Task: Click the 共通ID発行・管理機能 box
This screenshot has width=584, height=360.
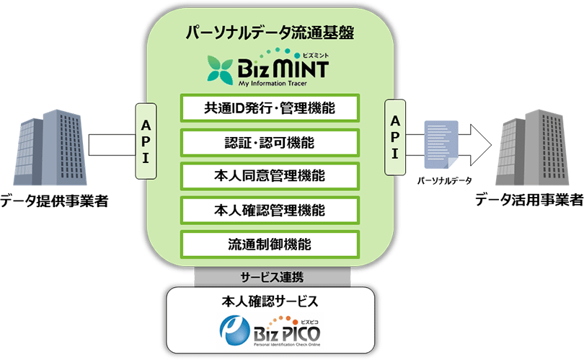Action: coord(270,109)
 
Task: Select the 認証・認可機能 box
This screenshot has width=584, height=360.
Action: coord(270,143)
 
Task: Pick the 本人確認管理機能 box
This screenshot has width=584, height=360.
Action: coord(270,211)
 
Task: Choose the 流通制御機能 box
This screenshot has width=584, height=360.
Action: coord(270,245)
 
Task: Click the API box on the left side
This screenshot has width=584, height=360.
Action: coord(146,141)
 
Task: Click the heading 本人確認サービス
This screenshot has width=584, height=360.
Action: coord(270,301)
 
